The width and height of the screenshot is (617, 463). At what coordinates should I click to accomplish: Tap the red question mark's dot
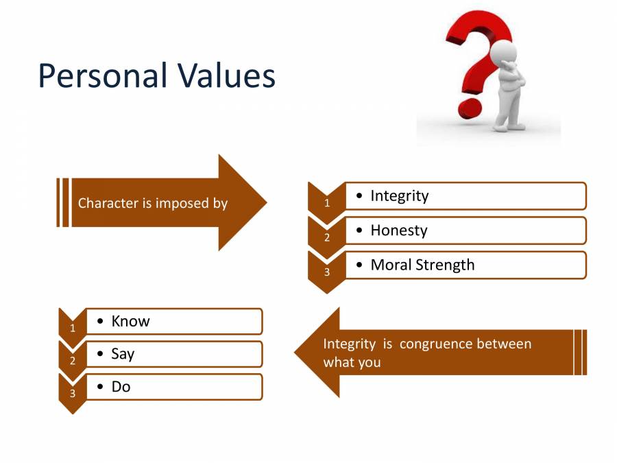click(470, 108)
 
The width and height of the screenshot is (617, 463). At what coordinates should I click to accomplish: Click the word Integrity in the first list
click(400, 195)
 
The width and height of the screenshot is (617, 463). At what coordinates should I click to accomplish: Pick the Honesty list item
click(398, 230)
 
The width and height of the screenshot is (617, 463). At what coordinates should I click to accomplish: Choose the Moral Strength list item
click(422, 265)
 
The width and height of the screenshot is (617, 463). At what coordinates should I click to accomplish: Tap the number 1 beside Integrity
click(327, 203)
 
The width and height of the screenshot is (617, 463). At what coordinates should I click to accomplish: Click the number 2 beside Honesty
click(327, 238)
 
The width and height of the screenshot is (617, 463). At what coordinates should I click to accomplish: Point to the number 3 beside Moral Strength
click(327, 272)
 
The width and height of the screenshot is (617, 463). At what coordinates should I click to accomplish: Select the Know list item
click(130, 321)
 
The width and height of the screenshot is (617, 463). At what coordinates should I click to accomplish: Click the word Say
click(123, 354)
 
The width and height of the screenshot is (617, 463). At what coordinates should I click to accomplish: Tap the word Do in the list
click(121, 387)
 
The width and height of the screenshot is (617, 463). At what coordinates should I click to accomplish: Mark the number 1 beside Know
click(73, 328)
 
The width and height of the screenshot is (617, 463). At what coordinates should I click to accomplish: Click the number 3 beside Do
click(73, 394)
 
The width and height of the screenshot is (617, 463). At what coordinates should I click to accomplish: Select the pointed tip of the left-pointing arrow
click(297, 352)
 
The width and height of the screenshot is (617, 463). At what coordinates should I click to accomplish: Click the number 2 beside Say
click(73, 361)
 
